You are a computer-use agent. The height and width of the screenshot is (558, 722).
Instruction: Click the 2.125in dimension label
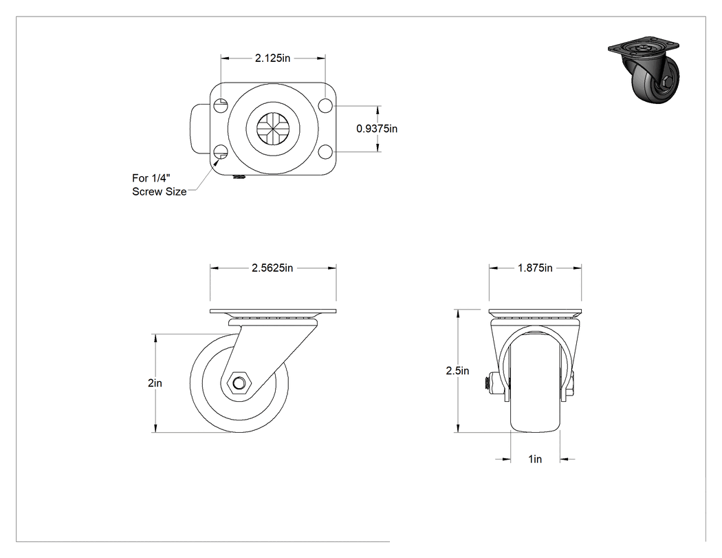(x=272, y=58)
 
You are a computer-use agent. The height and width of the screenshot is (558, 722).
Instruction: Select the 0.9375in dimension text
(x=377, y=129)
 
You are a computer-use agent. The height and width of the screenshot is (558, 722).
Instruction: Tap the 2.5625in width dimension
(x=272, y=268)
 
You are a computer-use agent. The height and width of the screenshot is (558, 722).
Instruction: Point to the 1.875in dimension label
(x=535, y=268)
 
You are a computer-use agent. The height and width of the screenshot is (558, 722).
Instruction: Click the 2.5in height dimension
(x=457, y=370)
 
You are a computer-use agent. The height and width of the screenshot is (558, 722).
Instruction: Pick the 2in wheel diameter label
(x=155, y=383)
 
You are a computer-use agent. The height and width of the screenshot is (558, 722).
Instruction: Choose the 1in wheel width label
(x=535, y=459)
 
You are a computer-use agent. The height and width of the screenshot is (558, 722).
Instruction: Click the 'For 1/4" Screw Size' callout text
(x=160, y=185)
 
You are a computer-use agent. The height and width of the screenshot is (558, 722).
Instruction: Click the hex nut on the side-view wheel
(x=239, y=383)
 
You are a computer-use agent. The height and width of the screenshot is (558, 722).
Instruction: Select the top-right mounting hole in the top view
(x=325, y=105)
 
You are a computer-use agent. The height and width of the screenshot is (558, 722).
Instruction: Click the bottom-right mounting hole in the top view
(x=325, y=151)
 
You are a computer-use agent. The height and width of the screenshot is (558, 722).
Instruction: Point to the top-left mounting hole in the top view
(x=221, y=105)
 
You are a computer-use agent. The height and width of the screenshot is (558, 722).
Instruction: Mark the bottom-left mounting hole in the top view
(x=221, y=151)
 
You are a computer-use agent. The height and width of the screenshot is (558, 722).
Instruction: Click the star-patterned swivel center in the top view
(x=272, y=129)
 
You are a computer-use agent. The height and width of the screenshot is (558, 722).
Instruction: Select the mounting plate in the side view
(x=273, y=312)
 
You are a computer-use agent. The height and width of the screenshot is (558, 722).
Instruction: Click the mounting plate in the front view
(x=535, y=312)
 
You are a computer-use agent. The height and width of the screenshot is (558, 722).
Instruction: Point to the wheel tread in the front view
(x=535, y=383)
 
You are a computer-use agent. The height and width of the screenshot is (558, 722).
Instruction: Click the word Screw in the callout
(x=147, y=192)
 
